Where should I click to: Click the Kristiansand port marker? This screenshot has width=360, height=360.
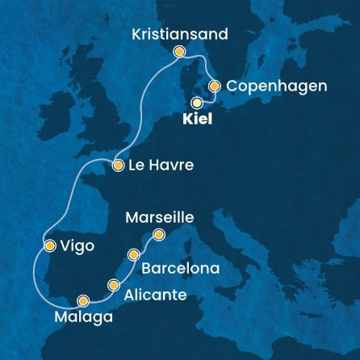[x=179, y=52]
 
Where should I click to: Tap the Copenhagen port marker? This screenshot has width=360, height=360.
[x=215, y=86]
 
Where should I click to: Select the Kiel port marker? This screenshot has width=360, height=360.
[x=197, y=103]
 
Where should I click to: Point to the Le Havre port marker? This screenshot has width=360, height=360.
[x=118, y=165]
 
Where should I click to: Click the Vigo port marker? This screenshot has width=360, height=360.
[x=50, y=245]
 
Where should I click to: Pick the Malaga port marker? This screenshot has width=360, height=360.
[x=82, y=301]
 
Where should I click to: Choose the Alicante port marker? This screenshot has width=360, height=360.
[x=113, y=284]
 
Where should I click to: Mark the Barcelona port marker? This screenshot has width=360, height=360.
[x=134, y=254]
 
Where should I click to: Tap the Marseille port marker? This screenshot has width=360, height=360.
[x=159, y=235]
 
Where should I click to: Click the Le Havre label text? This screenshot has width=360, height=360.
[x=154, y=166]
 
